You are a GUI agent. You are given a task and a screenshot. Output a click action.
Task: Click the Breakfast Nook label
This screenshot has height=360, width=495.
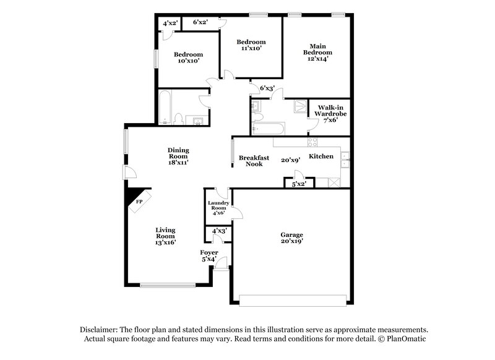254,161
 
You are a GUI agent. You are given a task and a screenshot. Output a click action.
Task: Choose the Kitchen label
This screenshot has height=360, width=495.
321,156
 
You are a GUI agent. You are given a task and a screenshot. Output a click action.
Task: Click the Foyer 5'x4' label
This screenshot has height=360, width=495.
209,256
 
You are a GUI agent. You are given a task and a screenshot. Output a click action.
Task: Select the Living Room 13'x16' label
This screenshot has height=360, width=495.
165,236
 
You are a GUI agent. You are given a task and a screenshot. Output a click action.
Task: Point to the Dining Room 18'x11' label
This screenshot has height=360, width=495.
178,156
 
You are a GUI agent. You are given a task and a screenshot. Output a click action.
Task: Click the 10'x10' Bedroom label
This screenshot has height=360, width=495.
188,58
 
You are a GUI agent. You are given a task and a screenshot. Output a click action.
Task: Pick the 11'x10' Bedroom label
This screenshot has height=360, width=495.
252,45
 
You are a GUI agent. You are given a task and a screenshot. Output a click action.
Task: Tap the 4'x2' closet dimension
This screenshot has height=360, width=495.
170,24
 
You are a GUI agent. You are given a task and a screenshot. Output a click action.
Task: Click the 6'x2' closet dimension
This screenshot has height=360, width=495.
200,22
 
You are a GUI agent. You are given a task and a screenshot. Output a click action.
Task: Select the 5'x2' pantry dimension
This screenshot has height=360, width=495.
299,184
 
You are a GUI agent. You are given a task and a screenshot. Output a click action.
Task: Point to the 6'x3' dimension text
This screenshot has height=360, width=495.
267,88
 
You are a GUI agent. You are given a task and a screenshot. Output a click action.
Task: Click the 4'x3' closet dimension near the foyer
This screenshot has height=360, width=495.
219,231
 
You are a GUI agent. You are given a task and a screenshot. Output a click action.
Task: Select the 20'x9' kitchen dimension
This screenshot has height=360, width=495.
290,160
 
